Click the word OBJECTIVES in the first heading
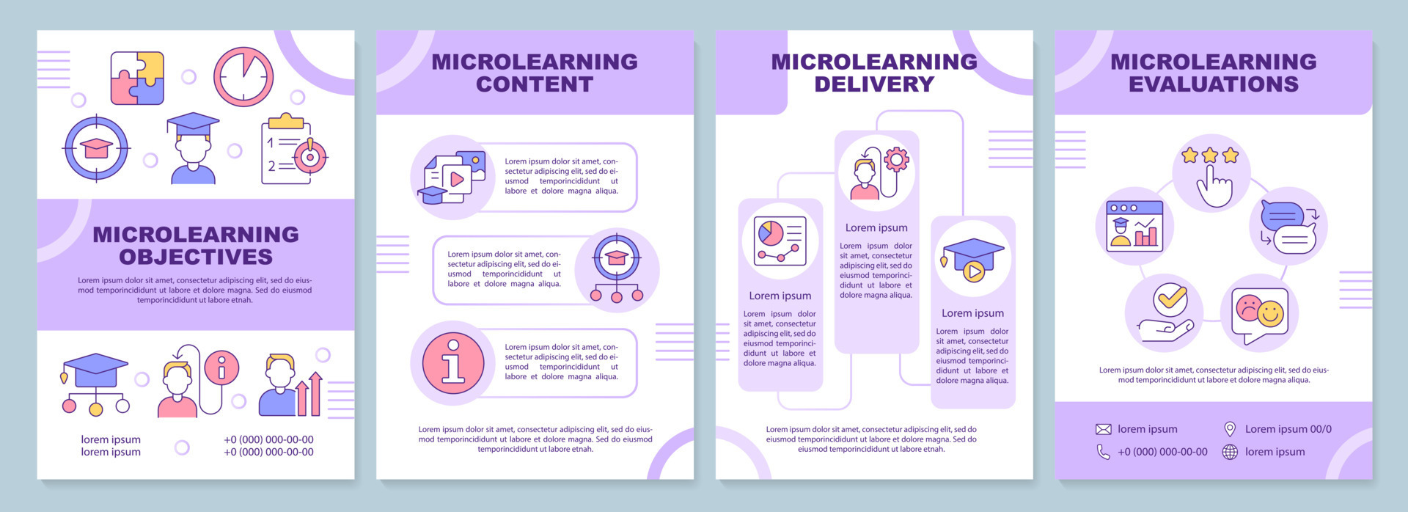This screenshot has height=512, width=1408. point(196,257)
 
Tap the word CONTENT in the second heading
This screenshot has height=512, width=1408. point(535,84)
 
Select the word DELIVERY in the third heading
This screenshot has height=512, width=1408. point(874,84)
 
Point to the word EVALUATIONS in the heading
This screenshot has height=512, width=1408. point(1214,84)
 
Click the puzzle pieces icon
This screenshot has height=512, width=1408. point(137,78)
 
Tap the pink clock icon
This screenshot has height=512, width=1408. point(243,77)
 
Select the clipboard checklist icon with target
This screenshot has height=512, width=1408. point(293,150)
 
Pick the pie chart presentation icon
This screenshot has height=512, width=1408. point(780,241)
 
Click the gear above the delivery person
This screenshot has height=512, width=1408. point(896,159)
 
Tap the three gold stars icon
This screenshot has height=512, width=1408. point(1210,156)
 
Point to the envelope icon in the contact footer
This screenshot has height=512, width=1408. point(1104,429)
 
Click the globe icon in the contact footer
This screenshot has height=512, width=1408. point(1230,452)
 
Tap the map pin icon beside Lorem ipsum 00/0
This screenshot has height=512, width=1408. point(1230,429)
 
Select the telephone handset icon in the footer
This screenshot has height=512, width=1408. point(1104,452)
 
